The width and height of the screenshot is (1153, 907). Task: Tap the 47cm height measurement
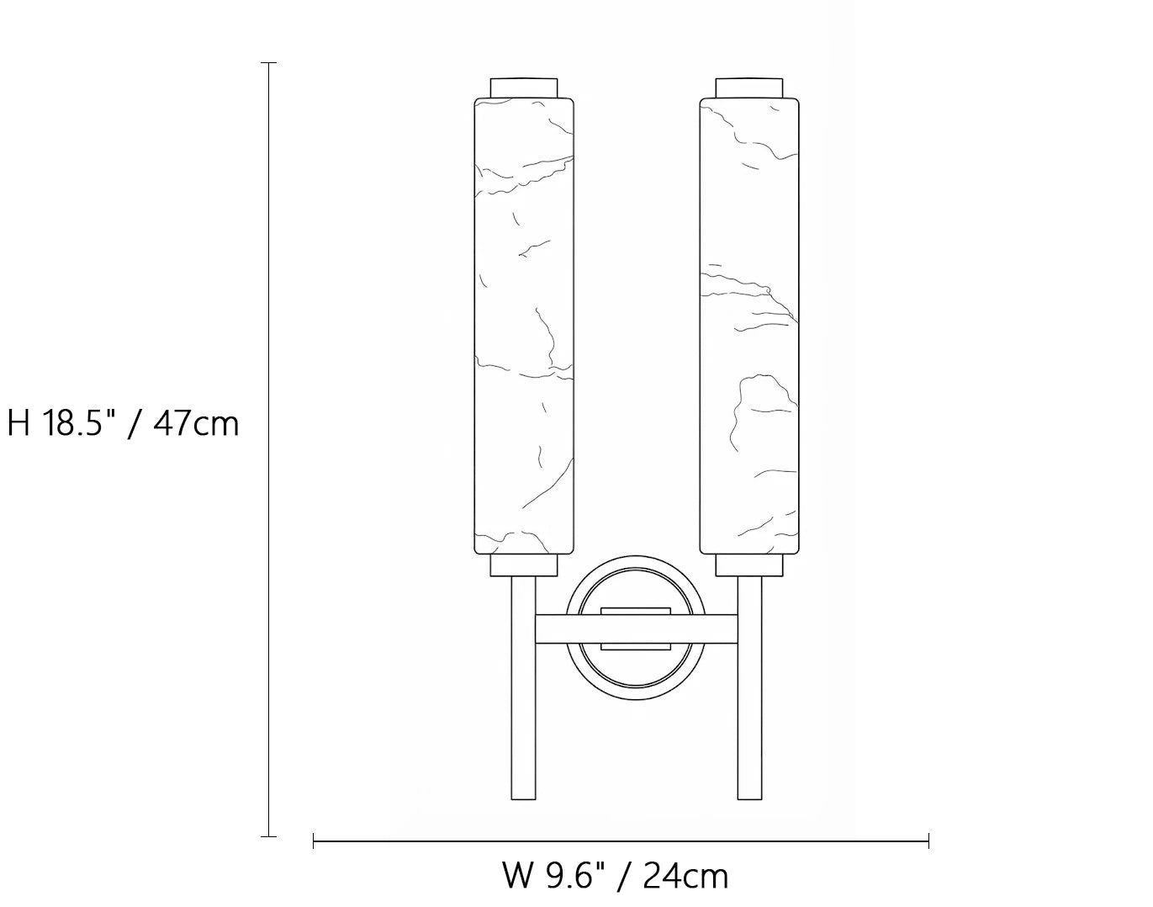(196, 424)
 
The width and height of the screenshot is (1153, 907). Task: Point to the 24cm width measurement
(685, 877)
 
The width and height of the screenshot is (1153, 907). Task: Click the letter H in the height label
(19, 424)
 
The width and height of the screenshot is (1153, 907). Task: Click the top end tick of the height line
(268, 63)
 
